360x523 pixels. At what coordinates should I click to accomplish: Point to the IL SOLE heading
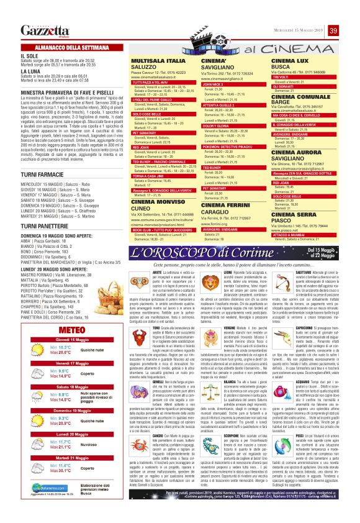point(28,55)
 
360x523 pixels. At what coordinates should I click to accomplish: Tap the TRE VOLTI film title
point(282,76)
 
